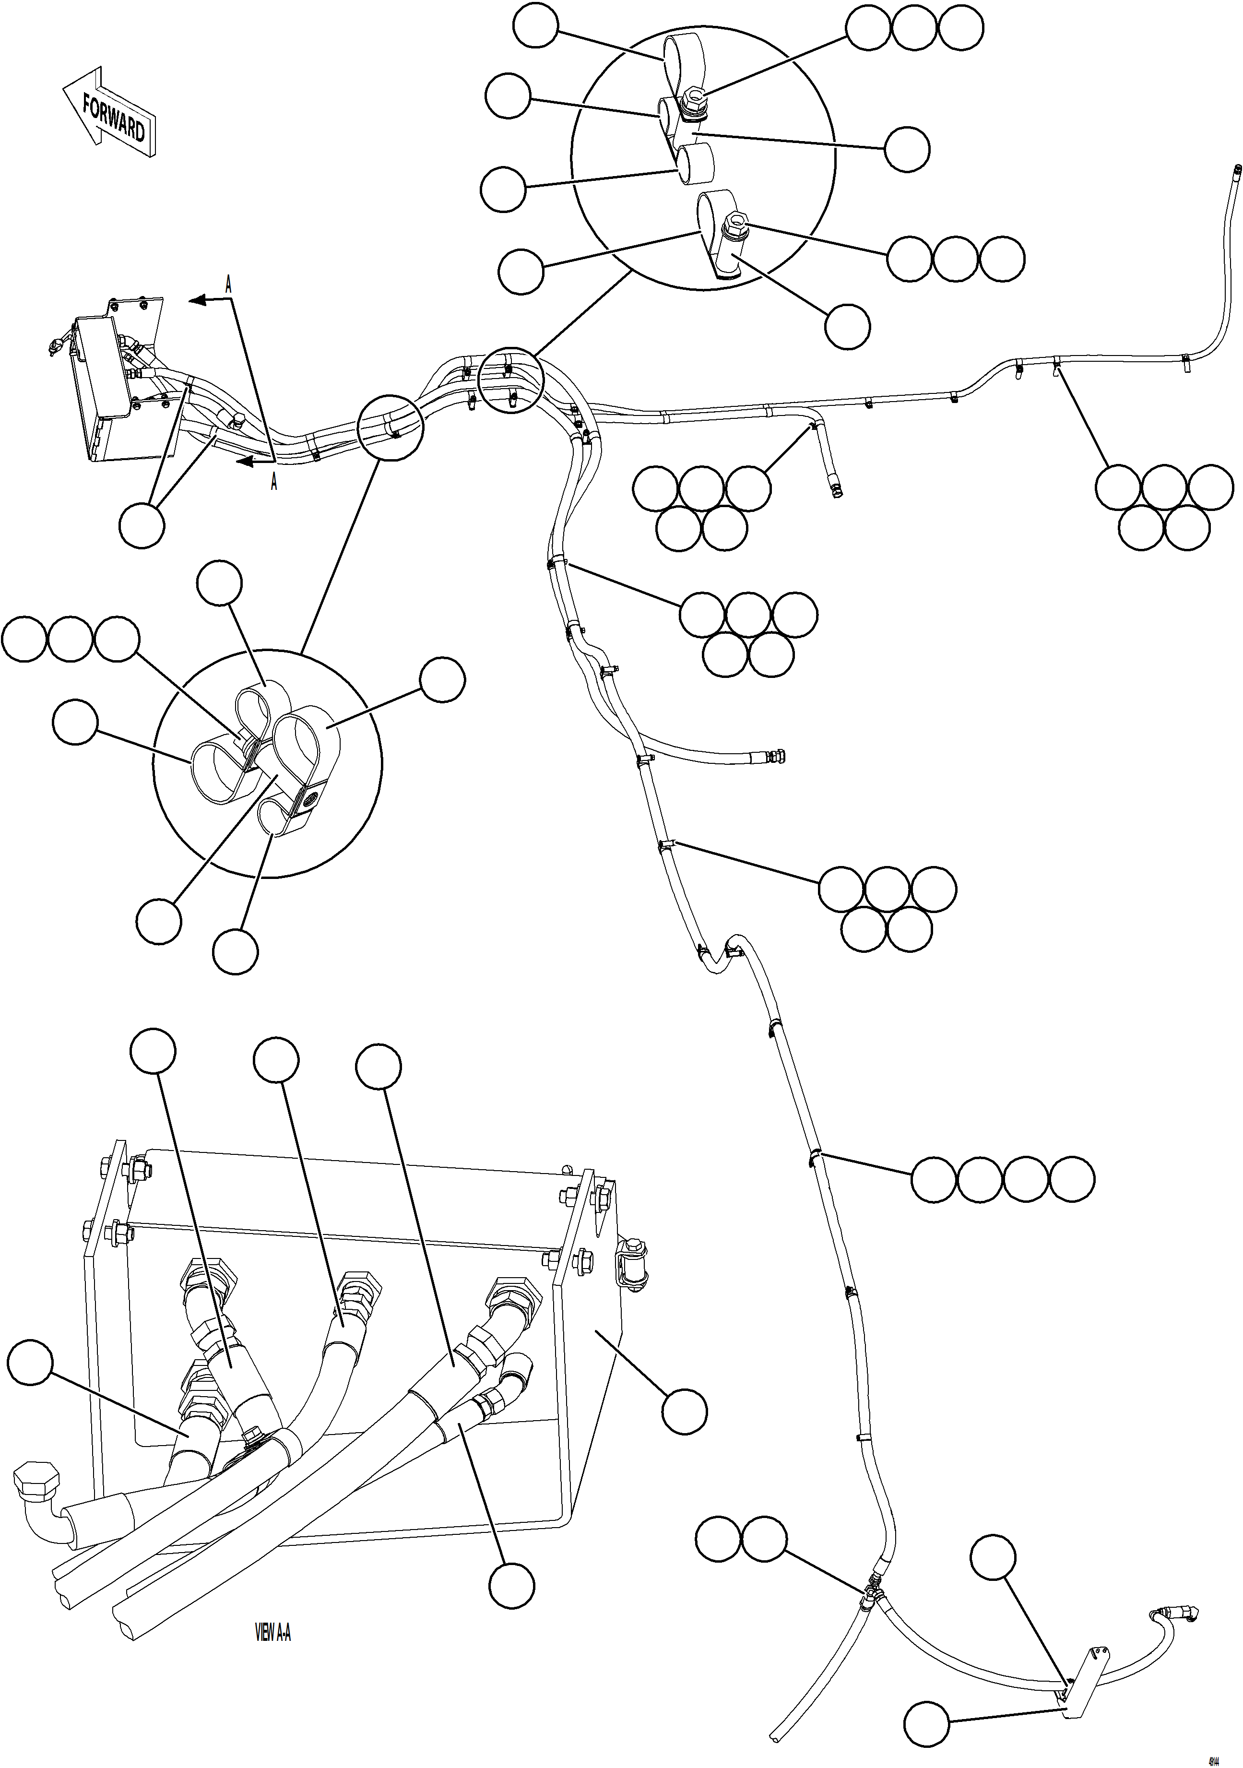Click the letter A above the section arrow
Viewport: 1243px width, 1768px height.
pos(228,284)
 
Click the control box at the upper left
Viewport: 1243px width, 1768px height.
pos(100,368)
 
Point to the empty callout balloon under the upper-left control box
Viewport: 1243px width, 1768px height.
pos(142,526)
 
